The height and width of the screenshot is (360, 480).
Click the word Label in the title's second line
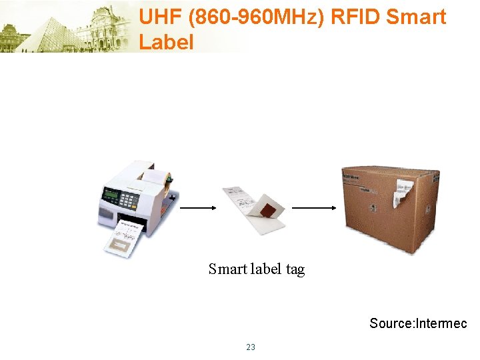point(166,42)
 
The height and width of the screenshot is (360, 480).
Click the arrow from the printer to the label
point(198,208)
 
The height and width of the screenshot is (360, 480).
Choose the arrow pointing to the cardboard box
point(314,208)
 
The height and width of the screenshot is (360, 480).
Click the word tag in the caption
point(295,269)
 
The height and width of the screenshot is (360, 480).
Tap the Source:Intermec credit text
point(418,324)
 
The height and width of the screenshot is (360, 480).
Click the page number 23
point(251,347)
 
